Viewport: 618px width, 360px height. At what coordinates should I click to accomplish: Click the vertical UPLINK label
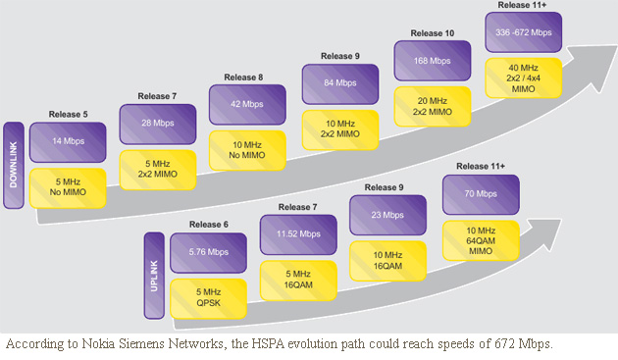(153, 275)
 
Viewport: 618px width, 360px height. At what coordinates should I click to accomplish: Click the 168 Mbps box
(428, 61)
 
